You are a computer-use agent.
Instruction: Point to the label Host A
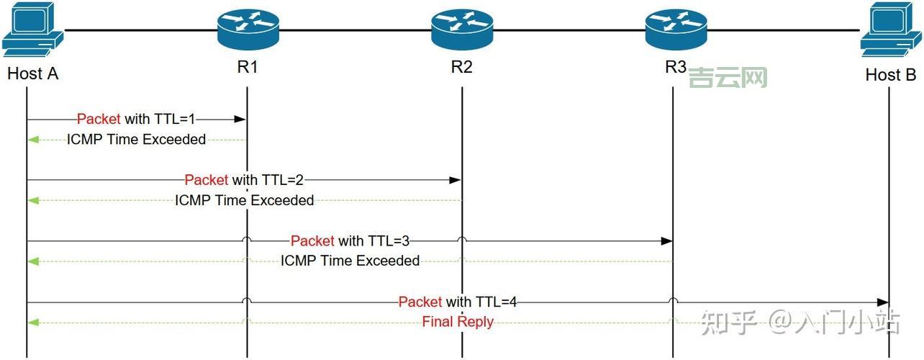tap(32, 73)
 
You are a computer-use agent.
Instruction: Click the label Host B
tap(891, 75)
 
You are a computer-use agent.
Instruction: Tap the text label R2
tap(461, 68)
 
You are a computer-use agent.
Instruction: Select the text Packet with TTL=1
tap(135, 119)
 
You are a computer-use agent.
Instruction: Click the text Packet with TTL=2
tap(243, 180)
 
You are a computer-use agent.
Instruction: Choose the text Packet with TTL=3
tap(349, 240)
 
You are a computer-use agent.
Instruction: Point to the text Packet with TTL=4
tap(457, 302)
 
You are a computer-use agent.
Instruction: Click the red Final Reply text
tap(458, 322)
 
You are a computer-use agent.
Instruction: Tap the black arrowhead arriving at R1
tap(242, 120)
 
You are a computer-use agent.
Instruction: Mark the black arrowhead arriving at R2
tap(456, 180)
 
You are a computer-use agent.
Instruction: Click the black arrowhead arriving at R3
tap(668, 241)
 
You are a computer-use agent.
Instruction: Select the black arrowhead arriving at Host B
tap(884, 302)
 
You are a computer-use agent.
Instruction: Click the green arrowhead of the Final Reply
tap(32, 323)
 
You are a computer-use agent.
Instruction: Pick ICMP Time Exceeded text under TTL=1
tap(137, 140)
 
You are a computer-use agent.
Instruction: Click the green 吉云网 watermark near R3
tap(728, 77)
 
